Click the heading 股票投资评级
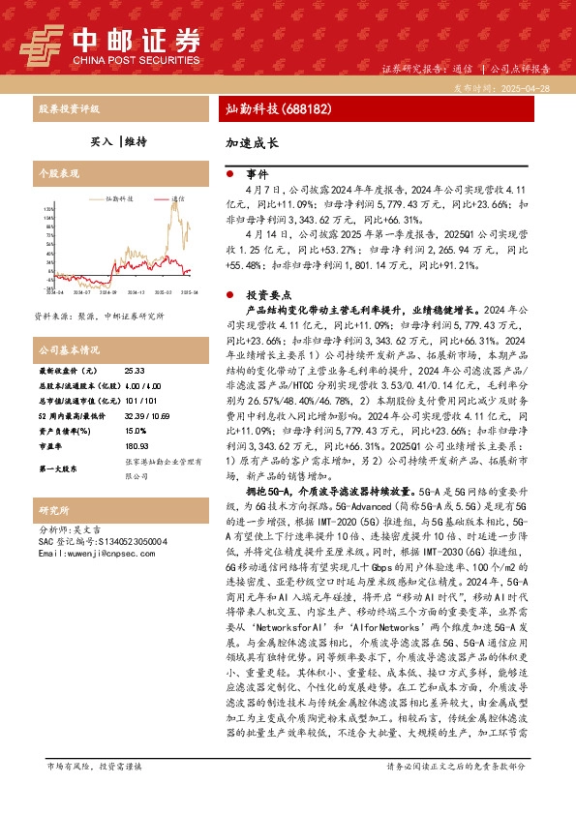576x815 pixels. point(69,108)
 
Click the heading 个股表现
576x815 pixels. point(57,175)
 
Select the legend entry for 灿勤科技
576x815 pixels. point(114,198)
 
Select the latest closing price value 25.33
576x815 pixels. point(135,371)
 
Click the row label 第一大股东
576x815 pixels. point(59,468)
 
